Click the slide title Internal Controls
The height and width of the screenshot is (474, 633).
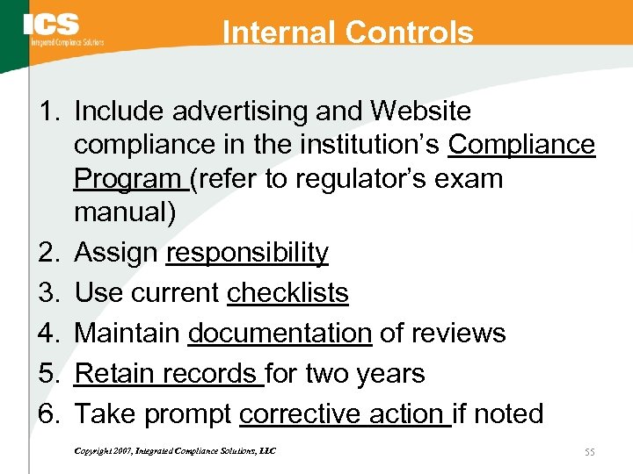tap(348, 32)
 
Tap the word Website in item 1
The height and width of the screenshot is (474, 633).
tap(421, 111)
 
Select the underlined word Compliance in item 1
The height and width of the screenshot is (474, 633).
tap(521, 145)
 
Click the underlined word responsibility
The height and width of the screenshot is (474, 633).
tap(247, 253)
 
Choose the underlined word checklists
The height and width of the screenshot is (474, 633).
tap(287, 293)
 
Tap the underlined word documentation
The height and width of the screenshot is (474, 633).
tap(280, 334)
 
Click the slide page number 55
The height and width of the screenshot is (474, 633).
tap(589, 451)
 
